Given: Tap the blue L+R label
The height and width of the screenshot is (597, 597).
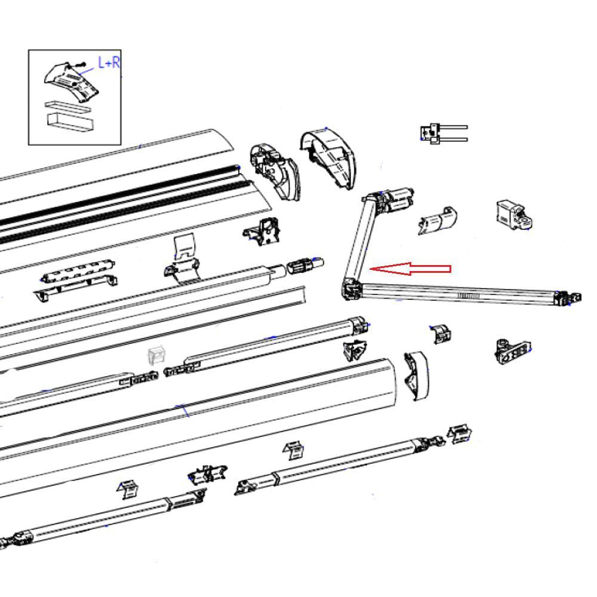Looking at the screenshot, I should coord(108,63).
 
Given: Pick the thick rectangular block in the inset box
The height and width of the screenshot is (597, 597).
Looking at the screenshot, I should coord(70,123).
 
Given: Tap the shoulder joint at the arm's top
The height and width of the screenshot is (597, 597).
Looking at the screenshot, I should coord(371,199).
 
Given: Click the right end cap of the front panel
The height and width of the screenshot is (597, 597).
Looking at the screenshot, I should coord(416,374).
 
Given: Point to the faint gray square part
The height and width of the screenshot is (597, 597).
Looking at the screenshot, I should coord(157,356).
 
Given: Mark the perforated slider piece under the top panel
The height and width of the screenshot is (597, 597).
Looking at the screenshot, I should coord(78,274).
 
